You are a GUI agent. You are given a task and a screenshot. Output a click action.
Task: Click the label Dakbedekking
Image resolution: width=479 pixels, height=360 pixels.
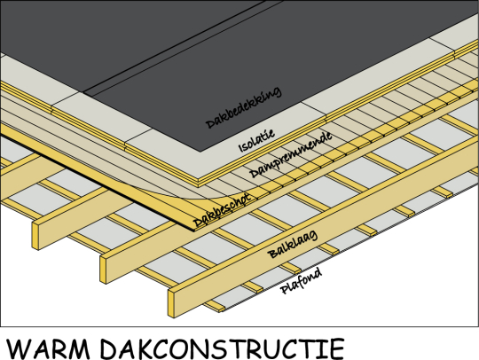coord(243,107)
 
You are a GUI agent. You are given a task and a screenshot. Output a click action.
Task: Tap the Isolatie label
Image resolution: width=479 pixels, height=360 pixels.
coord(256,140)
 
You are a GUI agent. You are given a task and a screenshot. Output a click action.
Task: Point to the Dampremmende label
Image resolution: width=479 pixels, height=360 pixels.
coord(291,154)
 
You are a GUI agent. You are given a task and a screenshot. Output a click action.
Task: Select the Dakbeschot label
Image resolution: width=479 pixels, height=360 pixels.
coord(222,210)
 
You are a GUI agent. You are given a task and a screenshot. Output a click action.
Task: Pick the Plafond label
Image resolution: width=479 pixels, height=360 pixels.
coord(302,281)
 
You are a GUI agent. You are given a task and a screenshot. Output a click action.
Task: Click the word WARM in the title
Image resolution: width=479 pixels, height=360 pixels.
coord(48,348)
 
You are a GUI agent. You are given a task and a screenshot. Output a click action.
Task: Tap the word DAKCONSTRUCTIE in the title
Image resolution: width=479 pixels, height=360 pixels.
coord(223,348)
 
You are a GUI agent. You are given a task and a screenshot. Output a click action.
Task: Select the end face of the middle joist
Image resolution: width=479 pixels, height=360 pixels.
coord(104,270)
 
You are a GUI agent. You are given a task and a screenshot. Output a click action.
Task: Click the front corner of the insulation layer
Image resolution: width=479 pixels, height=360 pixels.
coord(199,180)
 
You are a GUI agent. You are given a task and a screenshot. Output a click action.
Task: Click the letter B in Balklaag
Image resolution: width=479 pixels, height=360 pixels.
coord(272,254)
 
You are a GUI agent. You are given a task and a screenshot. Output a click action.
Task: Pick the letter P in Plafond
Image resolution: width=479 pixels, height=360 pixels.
coord(285,289)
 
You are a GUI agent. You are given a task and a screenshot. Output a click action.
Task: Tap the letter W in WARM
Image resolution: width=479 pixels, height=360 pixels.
coord(20,348)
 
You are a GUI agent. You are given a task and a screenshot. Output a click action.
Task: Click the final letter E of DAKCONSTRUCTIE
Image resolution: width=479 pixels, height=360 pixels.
coord(338,348)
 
